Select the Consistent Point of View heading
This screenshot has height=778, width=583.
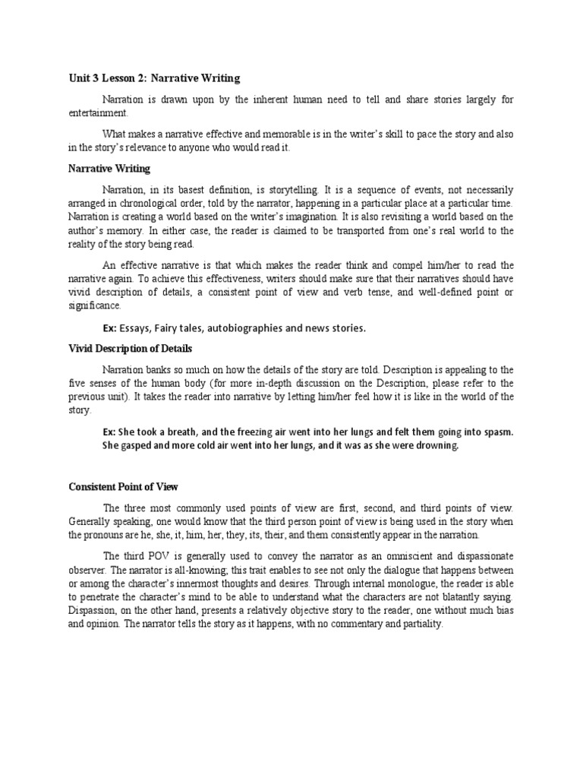coord(123,486)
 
